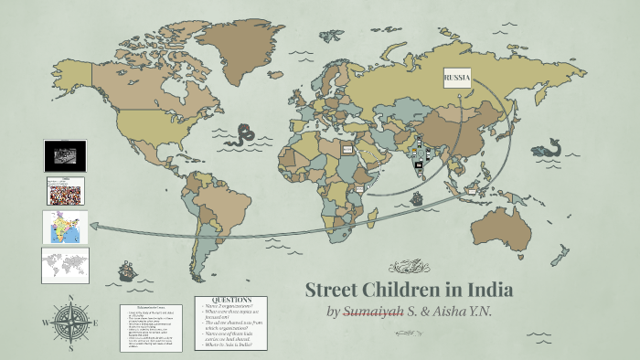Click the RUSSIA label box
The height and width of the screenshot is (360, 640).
click(x=457, y=79)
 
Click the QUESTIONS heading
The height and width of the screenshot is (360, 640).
click(x=231, y=300)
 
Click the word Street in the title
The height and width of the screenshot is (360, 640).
click(x=334, y=291)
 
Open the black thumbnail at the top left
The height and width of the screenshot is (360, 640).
click(x=65, y=155)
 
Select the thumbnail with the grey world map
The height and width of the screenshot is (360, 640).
click(x=65, y=265)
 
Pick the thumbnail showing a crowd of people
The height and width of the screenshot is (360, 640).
click(x=65, y=191)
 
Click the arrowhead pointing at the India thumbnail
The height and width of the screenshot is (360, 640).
click(x=95, y=229)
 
